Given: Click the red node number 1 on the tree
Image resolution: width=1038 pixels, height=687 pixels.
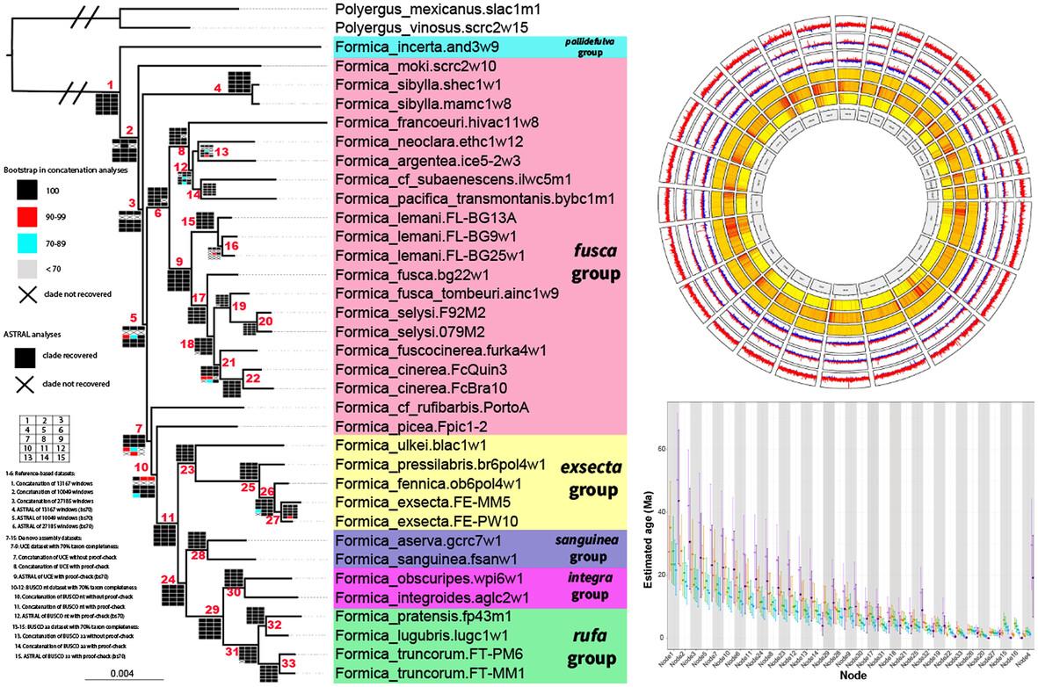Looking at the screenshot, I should pos(110,84).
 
